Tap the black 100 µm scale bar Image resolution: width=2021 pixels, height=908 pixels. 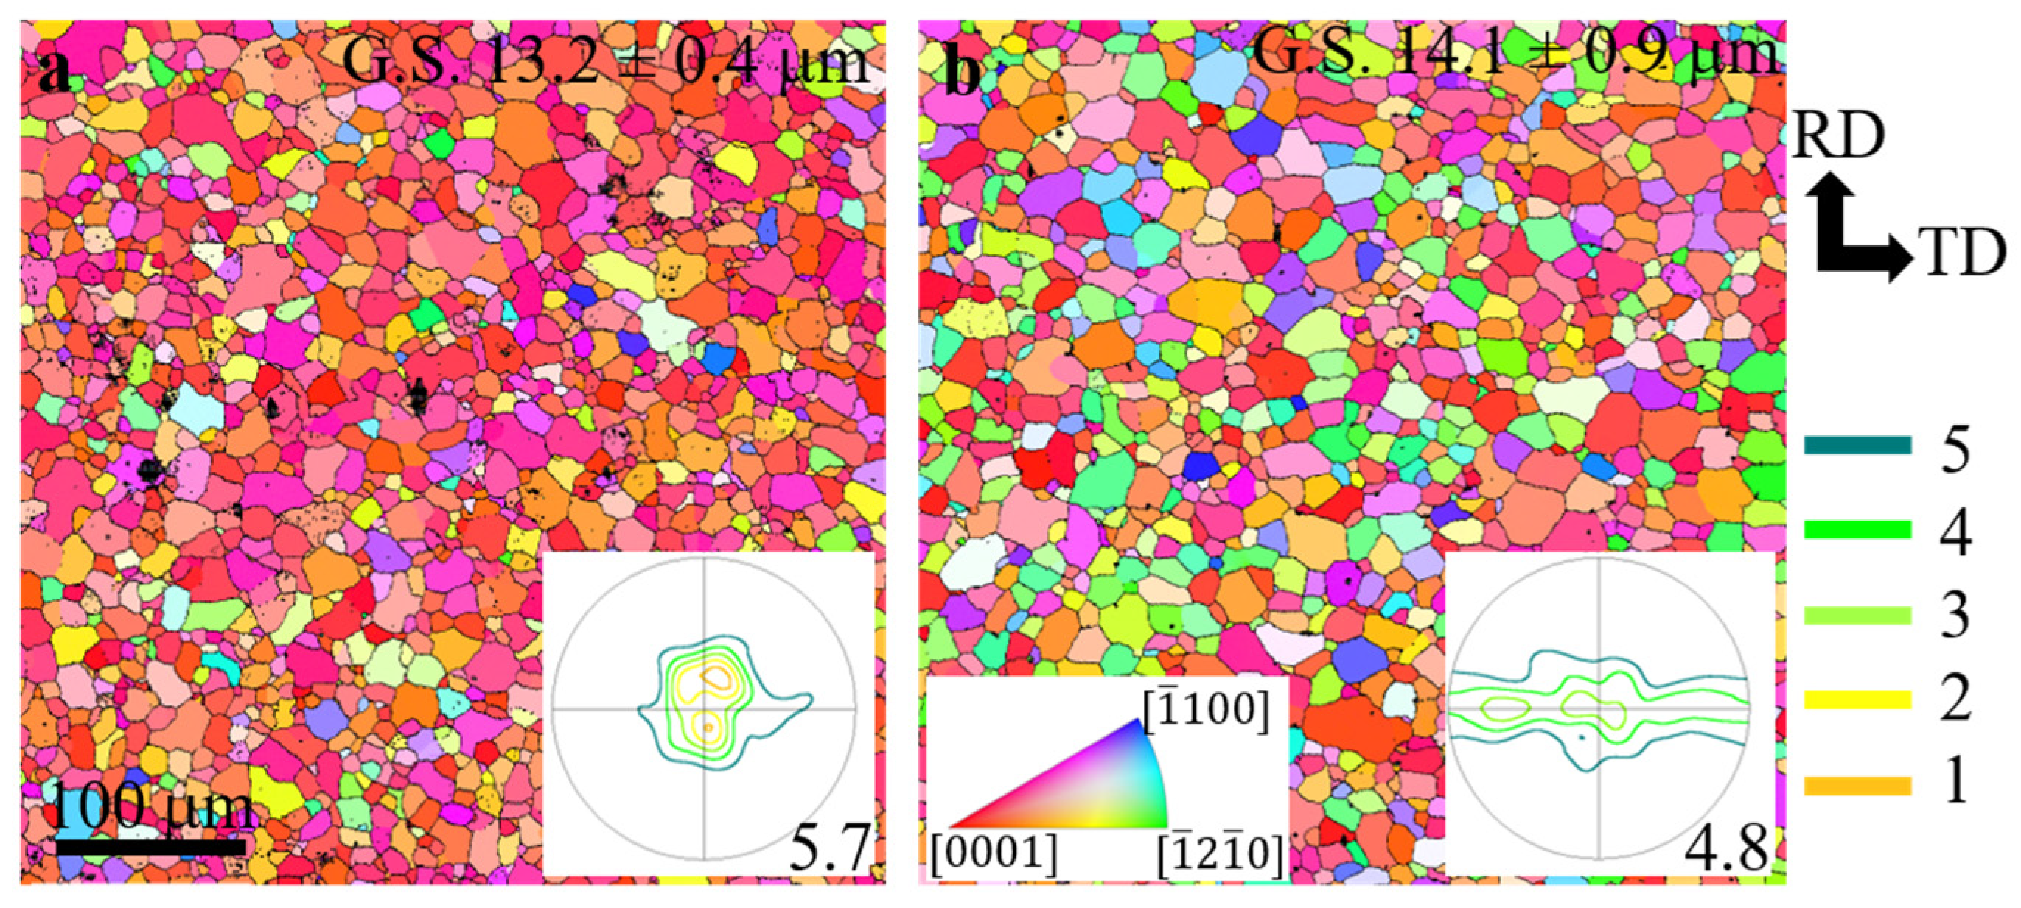pyautogui.click(x=150, y=847)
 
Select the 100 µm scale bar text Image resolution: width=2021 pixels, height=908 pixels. pyautogui.click(x=154, y=806)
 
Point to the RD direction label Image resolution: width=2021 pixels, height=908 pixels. pyautogui.click(x=1837, y=137)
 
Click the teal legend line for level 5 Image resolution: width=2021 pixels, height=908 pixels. pyautogui.click(x=1857, y=446)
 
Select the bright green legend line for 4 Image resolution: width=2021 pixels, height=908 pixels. pyautogui.click(x=1857, y=530)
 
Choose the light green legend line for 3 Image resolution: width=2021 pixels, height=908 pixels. pyautogui.click(x=1857, y=615)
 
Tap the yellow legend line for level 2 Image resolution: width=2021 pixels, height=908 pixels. pyautogui.click(x=1857, y=700)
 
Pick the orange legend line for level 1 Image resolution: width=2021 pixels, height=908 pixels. pyautogui.click(x=1857, y=785)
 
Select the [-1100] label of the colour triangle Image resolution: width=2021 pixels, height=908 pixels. pyautogui.click(x=1204, y=711)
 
